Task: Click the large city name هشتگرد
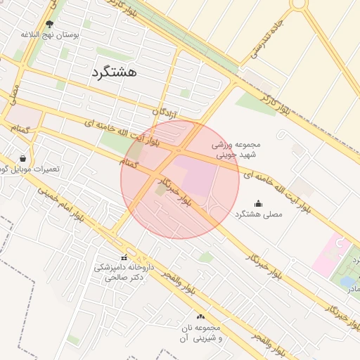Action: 114,72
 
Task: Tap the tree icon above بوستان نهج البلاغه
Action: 49,23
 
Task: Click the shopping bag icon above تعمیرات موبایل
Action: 25,158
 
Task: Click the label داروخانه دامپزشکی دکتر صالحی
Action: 124,272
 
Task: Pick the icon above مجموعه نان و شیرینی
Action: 201,317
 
